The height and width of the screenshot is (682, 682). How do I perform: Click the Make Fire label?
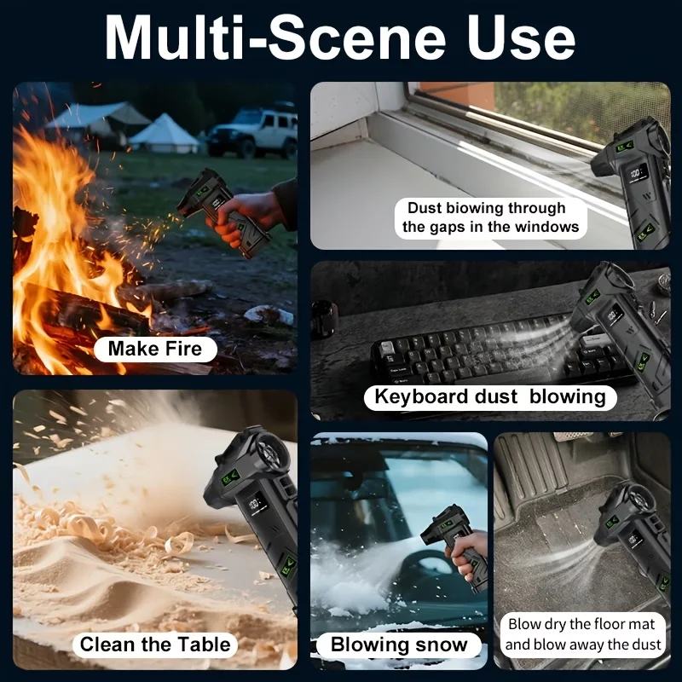point(155,349)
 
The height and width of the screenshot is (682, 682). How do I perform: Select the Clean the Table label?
point(155,644)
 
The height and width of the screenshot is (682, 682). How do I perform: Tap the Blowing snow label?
point(399,644)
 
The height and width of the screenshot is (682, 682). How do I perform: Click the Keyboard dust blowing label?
point(490,397)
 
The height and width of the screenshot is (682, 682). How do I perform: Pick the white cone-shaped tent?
point(164,134)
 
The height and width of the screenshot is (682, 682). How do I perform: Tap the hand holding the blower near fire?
point(245,216)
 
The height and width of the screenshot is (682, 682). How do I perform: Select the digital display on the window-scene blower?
point(635,174)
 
